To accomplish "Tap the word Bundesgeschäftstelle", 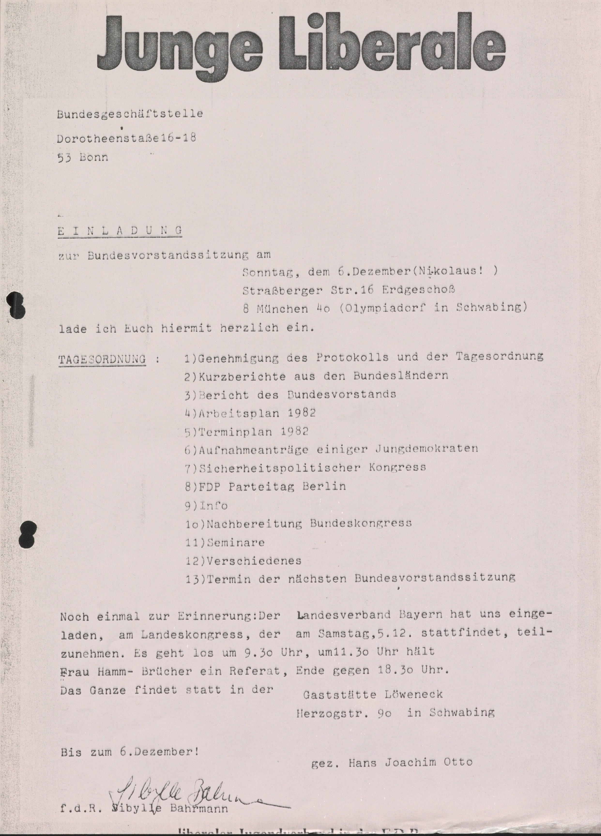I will (130, 114).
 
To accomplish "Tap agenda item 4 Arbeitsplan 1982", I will (251, 413).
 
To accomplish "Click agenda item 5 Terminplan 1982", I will (247, 432).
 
